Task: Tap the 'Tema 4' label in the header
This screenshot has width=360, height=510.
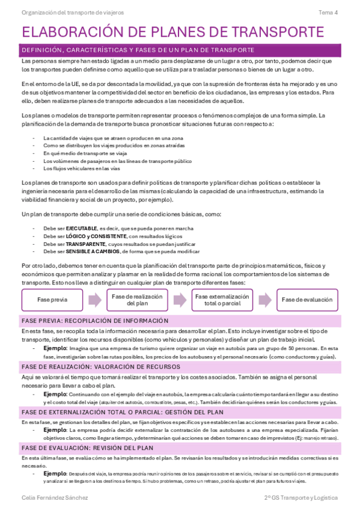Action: tap(328, 12)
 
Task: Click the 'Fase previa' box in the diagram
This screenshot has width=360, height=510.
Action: tap(52, 300)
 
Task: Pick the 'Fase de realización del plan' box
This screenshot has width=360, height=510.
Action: tap(137, 300)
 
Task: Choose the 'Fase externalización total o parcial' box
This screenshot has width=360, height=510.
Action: tap(222, 300)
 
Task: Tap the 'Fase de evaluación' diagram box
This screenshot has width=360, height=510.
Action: tap(307, 300)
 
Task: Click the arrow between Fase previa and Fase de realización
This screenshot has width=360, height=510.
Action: tap(95, 300)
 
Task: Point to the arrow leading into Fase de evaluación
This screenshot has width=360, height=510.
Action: tap(264, 300)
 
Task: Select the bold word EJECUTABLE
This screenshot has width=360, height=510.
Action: tap(81, 229)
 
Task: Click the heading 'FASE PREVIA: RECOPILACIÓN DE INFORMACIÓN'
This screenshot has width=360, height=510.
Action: tap(94, 321)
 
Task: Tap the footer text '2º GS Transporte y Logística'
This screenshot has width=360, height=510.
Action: tap(301, 498)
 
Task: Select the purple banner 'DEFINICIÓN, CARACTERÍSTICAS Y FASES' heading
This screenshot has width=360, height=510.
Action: tap(138, 50)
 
